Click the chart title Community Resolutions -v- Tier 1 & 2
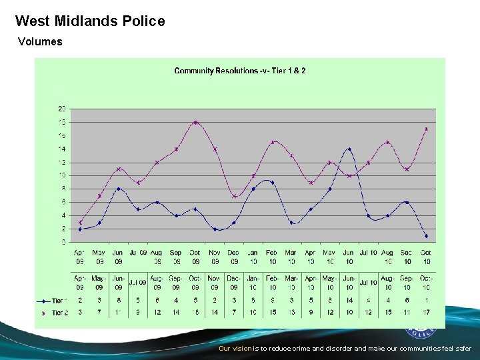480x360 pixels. (240, 71)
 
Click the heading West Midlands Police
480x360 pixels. (90, 21)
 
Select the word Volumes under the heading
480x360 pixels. (40, 41)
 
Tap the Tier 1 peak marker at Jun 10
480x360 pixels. (349, 149)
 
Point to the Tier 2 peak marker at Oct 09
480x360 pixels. (195, 122)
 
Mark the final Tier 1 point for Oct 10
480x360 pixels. (426, 235)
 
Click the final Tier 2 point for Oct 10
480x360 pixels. (426, 129)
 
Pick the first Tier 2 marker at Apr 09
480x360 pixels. (80, 222)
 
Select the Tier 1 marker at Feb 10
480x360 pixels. (272, 182)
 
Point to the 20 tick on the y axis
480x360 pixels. (61, 109)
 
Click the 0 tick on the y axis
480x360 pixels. (63, 242)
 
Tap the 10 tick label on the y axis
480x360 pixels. (61, 175)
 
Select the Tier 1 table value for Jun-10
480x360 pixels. (349, 301)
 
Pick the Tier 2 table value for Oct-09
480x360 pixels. (195, 312)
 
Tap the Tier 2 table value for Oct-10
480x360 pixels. (426, 312)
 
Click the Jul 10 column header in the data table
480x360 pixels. (369, 283)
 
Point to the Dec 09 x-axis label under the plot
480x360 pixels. (233, 257)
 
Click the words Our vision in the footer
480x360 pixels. (235, 349)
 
